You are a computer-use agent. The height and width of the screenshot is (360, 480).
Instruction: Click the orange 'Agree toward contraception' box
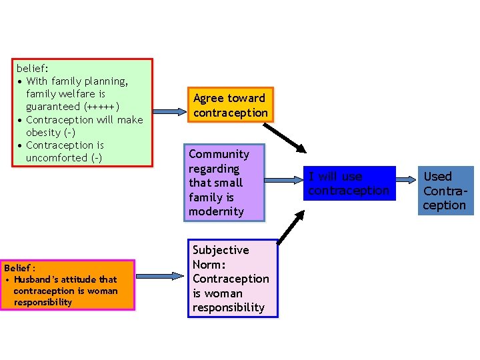[229, 105]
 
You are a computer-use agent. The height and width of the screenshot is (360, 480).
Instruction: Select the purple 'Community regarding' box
[226, 182]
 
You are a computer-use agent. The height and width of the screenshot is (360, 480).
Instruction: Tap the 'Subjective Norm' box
[232, 278]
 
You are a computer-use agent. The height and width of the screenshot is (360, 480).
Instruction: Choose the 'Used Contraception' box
[444, 191]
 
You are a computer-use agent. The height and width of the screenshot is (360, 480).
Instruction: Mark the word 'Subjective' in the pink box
[221, 250]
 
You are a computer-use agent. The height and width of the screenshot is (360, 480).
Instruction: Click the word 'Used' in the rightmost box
[438, 177]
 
